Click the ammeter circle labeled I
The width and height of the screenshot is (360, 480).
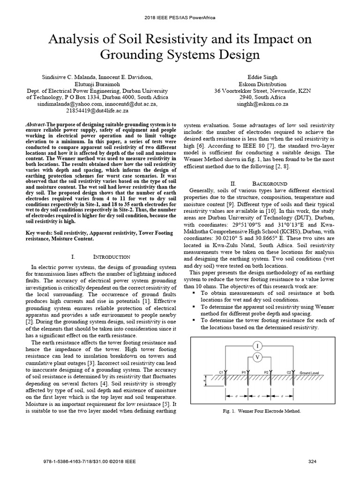pos(257,346)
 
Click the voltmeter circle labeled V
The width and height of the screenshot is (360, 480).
pos(257,357)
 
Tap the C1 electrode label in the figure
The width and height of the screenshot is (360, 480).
pos(221,372)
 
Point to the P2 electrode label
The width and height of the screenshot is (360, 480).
pos(266,372)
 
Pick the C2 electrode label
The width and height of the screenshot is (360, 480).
pos(289,372)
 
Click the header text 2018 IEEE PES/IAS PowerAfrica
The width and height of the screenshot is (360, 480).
pos(180,17)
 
